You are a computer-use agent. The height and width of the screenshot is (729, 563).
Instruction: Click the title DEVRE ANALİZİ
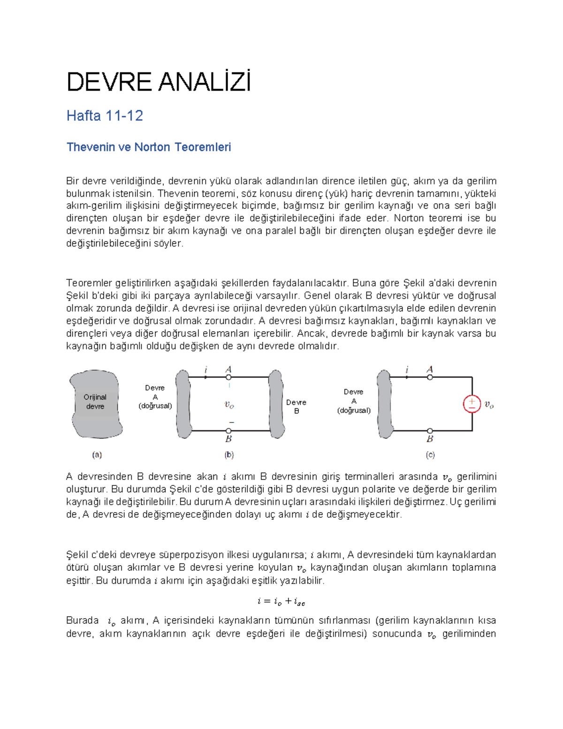point(159,82)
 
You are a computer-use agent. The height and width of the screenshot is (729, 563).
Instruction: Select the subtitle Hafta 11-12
point(105,115)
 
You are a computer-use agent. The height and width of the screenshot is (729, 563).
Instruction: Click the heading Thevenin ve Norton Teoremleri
point(149,147)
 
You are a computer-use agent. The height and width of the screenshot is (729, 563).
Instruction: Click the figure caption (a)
point(97,454)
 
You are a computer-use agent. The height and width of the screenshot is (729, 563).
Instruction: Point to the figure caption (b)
point(229,454)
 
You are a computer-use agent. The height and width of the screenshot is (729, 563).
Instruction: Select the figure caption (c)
point(430,454)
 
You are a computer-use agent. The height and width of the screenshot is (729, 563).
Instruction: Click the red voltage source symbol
point(472,404)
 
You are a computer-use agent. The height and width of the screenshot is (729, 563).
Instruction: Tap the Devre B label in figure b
point(296,407)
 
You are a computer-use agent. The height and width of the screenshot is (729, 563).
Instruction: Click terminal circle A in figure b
point(228,377)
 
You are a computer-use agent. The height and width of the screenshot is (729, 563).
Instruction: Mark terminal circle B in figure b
point(228,430)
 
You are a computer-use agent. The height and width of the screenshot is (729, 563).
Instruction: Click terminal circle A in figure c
point(430,377)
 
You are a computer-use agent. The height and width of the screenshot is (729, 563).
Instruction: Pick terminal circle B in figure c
point(430,430)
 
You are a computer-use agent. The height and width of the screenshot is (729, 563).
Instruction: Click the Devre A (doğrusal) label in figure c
point(354,401)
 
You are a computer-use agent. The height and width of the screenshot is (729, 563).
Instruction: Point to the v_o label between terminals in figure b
point(229,405)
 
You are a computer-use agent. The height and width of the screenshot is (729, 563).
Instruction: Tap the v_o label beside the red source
point(489,404)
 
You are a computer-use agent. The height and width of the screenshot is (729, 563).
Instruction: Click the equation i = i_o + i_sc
point(281,601)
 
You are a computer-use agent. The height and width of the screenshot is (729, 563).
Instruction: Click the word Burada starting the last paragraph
point(83,621)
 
